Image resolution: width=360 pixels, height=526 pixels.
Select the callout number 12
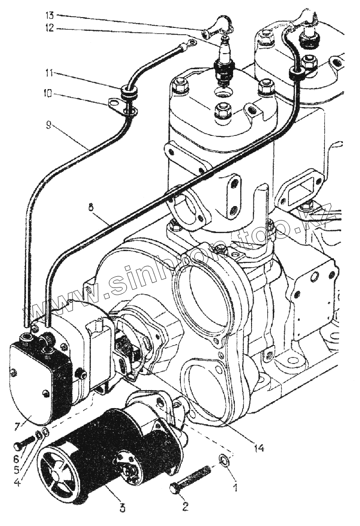[x=49, y=28]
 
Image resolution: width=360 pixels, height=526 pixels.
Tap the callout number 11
[x=49, y=72]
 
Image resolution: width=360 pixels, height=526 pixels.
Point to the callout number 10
[x=49, y=94]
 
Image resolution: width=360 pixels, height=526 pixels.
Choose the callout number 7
[x=17, y=426]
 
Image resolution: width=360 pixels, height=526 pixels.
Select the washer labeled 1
[x=224, y=460]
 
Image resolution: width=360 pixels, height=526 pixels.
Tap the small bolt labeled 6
[x=26, y=442]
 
